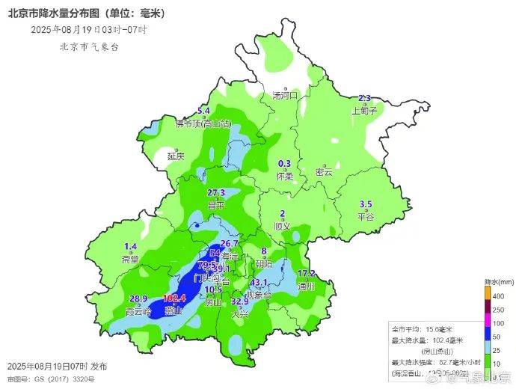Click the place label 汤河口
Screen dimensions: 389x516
tap(285, 95)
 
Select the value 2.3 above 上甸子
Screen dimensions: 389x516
tap(365, 99)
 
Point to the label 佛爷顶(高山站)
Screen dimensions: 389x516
tap(203, 123)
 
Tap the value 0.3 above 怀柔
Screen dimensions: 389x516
tap(284, 164)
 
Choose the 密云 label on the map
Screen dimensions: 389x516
tap(324, 172)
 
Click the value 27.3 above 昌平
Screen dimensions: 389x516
tap(216, 193)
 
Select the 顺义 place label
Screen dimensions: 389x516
tap(282, 225)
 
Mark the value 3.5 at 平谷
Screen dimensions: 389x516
tap(366, 205)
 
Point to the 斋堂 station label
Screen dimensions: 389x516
tap(130, 259)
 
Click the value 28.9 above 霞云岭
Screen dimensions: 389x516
tap(140, 298)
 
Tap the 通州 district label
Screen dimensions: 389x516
tap(306, 286)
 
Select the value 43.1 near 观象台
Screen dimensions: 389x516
tap(259, 282)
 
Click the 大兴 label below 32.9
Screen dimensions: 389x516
tap(240, 314)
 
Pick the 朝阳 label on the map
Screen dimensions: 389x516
tap(264, 263)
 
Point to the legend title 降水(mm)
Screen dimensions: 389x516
tap(498, 282)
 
